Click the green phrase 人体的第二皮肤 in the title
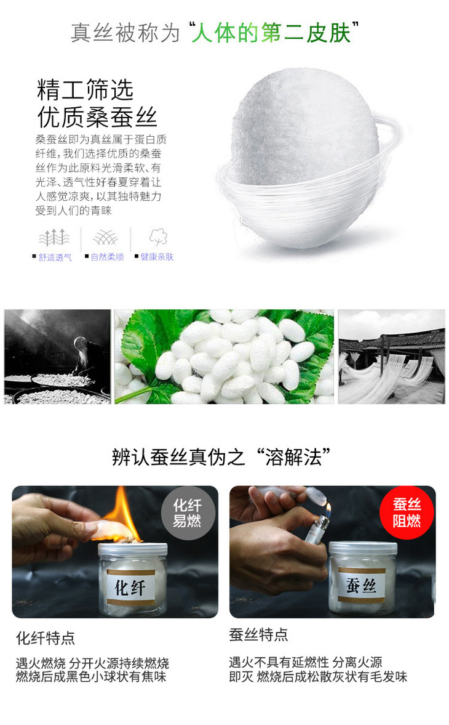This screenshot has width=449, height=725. (x=271, y=33)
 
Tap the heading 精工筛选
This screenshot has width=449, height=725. (x=85, y=90)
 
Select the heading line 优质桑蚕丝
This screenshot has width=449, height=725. (x=97, y=117)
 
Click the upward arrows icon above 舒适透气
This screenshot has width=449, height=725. (x=55, y=237)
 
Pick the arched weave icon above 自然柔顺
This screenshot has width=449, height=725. (x=105, y=238)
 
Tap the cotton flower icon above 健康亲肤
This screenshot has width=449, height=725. (x=158, y=237)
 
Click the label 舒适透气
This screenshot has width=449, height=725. (x=55, y=257)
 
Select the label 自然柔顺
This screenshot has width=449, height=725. (x=107, y=257)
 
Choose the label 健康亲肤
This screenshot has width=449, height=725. (x=157, y=257)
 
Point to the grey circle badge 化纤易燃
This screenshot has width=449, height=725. (x=188, y=512)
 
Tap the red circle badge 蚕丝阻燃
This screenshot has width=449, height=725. (x=407, y=512)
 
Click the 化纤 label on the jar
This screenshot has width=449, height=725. (x=130, y=587)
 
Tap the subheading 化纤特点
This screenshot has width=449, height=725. (x=46, y=638)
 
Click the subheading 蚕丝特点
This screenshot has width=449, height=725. (x=258, y=634)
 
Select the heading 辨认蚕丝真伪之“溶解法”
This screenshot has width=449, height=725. (x=221, y=457)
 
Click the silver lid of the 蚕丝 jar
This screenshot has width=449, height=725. (x=363, y=549)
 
